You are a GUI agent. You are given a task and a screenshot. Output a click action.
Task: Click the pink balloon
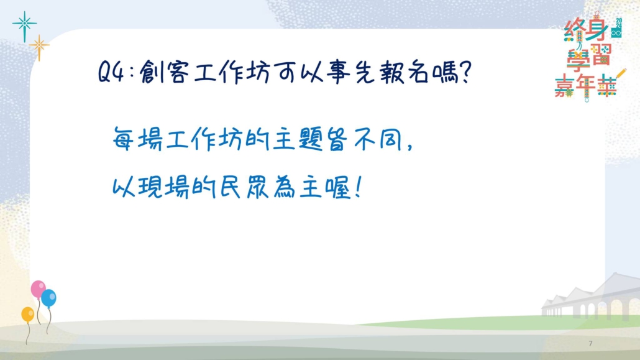[x=38, y=289]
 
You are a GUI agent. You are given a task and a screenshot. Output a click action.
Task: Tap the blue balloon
[x=48, y=298]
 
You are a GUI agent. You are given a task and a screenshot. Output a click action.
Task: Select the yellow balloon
[x=28, y=314]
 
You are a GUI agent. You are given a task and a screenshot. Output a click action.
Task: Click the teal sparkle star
[x=24, y=25]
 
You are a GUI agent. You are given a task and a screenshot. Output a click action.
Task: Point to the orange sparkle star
[x=39, y=47]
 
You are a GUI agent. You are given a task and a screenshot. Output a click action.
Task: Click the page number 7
[x=590, y=343]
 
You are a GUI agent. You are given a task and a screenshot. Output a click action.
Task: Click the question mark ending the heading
[x=465, y=73]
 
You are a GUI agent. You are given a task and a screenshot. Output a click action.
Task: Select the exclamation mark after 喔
[x=358, y=188]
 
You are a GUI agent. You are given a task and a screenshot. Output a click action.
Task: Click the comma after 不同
[x=411, y=146]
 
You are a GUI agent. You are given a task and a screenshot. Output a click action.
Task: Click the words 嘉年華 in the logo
[x=587, y=86]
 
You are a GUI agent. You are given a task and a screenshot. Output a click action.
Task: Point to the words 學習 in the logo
[x=588, y=58]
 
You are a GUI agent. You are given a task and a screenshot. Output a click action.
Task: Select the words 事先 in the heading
[x=350, y=73]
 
